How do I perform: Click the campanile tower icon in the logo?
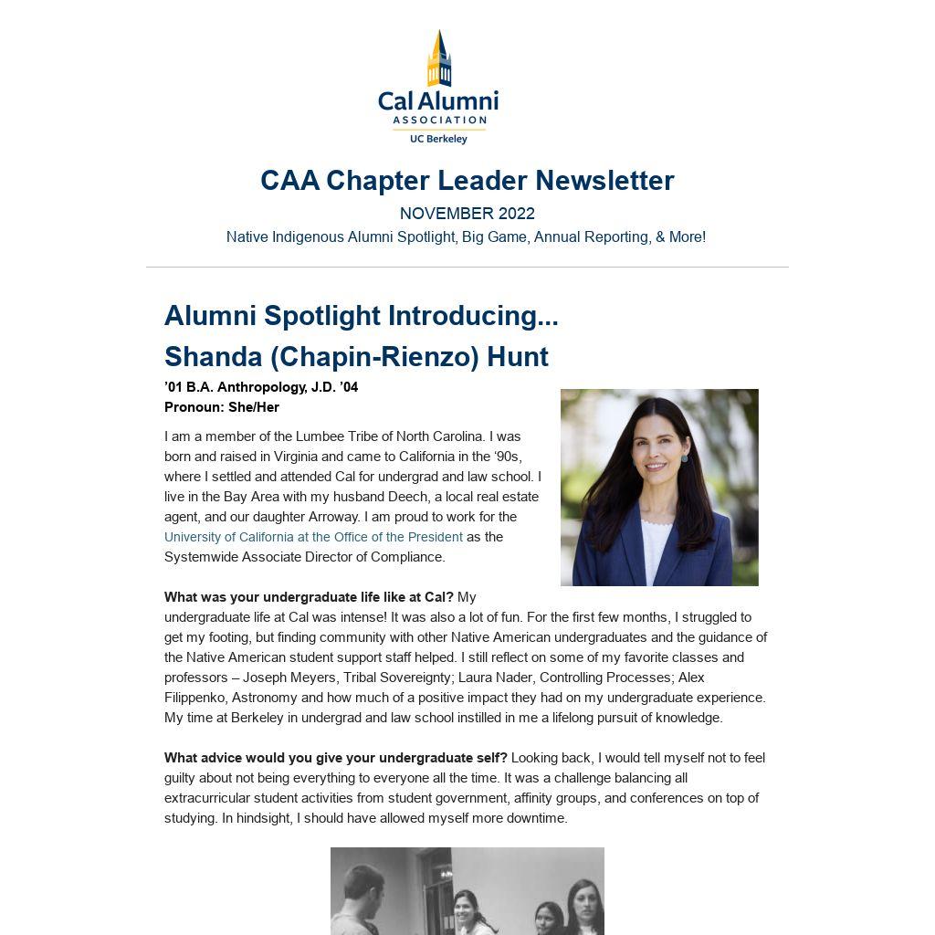click(439, 59)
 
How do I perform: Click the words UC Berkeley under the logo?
click(438, 139)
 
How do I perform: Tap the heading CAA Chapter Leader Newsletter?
click(467, 181)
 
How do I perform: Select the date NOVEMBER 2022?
click(467, 214)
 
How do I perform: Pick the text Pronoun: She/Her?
click(222, 407)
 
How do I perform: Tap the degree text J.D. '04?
click(334, 387)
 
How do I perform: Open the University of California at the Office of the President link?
click(313, 537)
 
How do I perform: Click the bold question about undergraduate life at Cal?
click(309, 597)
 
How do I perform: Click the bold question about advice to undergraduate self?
click(335, 758)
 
